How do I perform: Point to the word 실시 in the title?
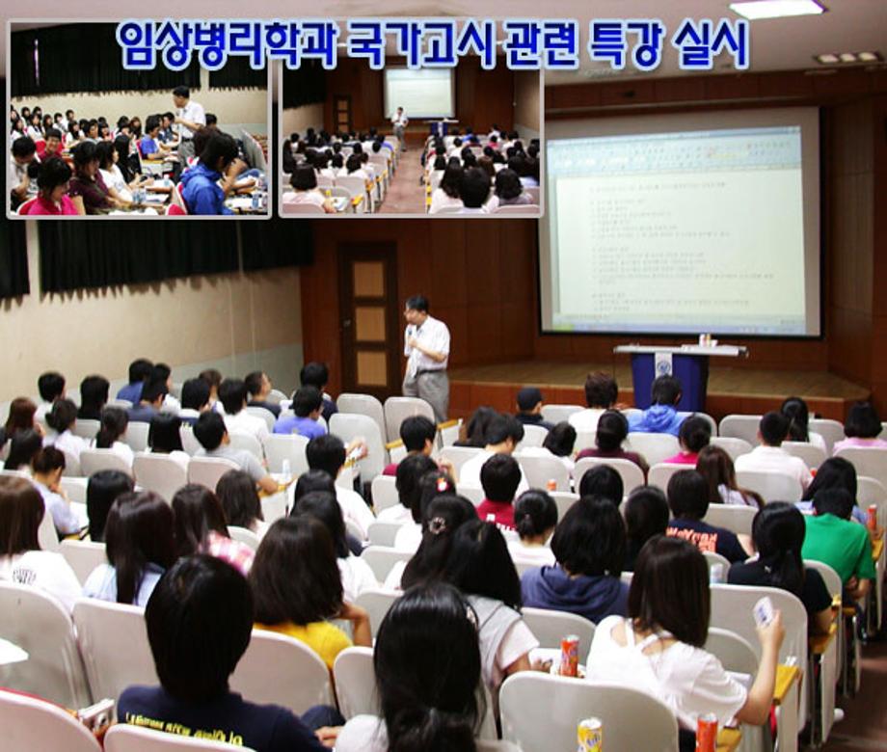click(x=711, y=45)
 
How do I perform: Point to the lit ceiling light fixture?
click(x=776, y=9)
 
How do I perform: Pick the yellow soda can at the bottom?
click(x=589, y=735)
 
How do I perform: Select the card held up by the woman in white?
click(x=764, y=611)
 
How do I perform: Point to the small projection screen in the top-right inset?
click(x=419, y=93)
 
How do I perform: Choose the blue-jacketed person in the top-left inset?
click(x=207, y=178)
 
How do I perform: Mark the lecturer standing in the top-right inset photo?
click(x=399, y=122)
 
